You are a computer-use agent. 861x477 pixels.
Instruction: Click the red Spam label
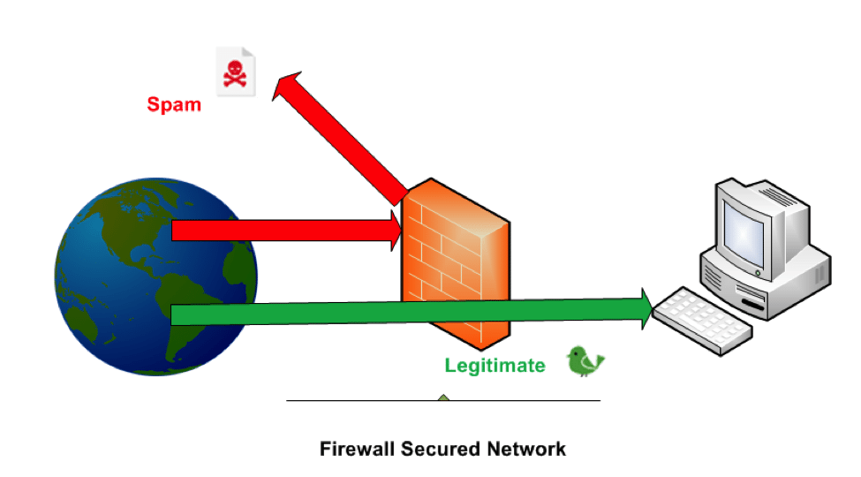tap(174, 104)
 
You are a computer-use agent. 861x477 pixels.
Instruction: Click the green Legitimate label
tap(495, 365)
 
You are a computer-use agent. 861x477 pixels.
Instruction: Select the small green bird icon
tap(585, 361)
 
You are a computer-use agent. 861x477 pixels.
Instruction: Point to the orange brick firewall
tap(455, 265)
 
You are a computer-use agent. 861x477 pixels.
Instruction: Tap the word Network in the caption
tap(526, 449)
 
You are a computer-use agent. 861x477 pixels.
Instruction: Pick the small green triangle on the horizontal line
tap(443, 398)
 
